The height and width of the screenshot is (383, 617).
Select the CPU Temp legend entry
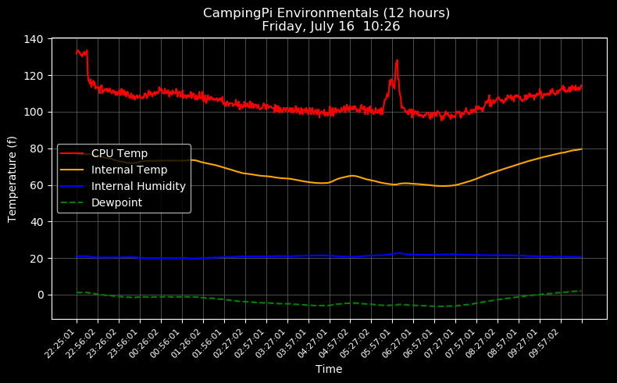tap(119, 153)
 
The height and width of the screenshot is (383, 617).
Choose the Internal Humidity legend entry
tap(138, 186)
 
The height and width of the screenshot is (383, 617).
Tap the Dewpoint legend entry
tap(116, 202)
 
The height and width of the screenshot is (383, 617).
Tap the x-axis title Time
tap(329, 369)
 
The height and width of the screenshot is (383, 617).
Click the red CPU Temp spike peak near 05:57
tap(397, 60)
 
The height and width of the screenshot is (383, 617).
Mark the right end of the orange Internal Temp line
tap(581, 149)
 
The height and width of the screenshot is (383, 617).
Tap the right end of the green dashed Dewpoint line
tap(581, 291)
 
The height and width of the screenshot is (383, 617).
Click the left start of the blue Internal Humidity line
tap(77, 256)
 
